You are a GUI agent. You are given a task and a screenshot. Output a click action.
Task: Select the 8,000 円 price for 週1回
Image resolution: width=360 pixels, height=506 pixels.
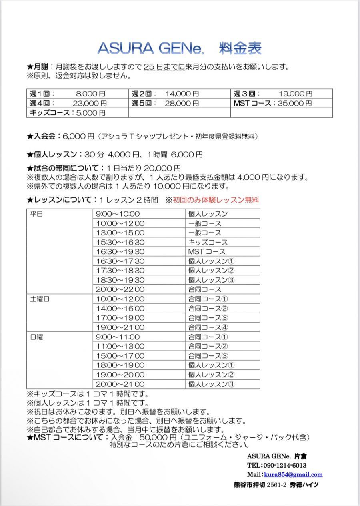pyautogui.click(x=91, y=94)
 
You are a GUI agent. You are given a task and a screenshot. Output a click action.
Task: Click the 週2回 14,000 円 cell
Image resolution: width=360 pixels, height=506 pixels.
pyautogui.click(x=166, y=94)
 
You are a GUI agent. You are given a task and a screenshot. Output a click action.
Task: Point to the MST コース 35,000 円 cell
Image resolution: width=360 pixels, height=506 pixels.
pyautogui.click(x=273, y=103)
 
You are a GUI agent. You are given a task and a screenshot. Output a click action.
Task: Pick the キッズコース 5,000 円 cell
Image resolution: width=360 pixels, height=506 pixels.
pyautogui.click(x=68, y=113)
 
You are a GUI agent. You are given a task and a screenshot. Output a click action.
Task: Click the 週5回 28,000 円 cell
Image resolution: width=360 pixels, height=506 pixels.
pyautogui.click(x=166, y=103)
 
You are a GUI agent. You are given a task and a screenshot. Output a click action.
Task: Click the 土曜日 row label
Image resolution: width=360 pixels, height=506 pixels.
pyautogui.click(x=40, y=299)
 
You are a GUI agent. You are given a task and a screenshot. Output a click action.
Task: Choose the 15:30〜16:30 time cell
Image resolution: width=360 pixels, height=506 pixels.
pyautogui.click(x=120, y=242)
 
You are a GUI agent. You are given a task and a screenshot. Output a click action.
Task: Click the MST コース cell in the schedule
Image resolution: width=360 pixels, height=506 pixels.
pyautogui.click(x=207, y=252)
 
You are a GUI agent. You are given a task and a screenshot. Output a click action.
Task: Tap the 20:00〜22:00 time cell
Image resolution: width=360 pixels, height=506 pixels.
pyautogui.click(x=120, y=289)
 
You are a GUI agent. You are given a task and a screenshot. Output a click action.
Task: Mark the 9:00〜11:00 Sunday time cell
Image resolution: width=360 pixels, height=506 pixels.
pyautogui.click(x=118, y=337)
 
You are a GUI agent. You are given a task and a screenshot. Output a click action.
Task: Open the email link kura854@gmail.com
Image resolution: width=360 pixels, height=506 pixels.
pyautogui.click(x=293, y=475)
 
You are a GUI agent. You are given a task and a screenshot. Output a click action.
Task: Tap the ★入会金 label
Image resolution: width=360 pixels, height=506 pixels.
pyautogui.click(x=43, y=137)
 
